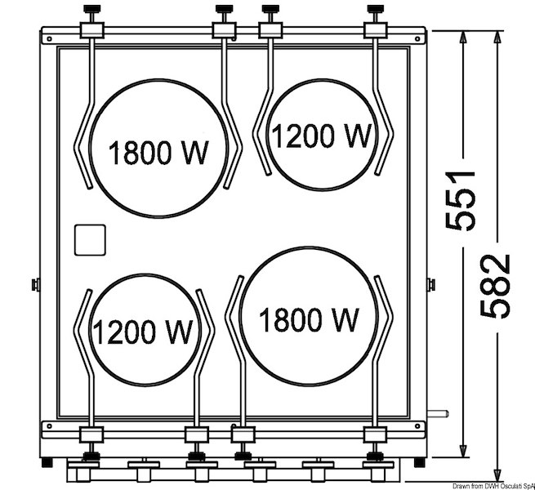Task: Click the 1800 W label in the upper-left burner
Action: [158, 153]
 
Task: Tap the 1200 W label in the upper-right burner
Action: [322, 136]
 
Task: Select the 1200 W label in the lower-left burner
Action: [142, 332]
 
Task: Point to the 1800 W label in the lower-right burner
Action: [309, 319]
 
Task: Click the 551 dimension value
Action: [461, 201]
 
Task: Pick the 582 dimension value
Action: [496, 287]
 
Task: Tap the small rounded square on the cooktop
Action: [90, 240]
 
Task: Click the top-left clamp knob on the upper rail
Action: [91, 9]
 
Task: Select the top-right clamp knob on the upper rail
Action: [376, 9]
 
